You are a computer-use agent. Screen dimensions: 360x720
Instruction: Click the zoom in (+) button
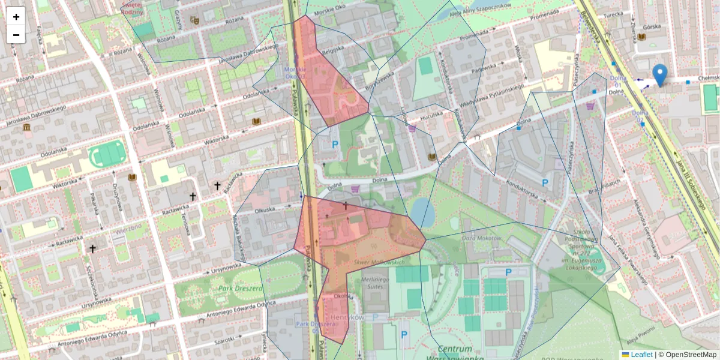click(x=16, y=17)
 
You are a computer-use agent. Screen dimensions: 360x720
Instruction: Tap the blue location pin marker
click(x=659, y=75)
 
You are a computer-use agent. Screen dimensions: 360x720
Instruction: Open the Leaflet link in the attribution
click(x=641, y=355)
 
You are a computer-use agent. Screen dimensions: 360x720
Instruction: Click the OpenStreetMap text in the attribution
click(x=691, y=355)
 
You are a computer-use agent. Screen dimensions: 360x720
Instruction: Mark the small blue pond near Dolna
click(x=422, y=212)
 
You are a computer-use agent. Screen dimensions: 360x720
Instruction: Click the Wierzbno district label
click(x=129, y=228)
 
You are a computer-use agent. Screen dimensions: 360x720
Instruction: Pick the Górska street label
click(x=651, y=26)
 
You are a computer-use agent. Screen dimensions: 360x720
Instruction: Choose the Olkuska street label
click(x=265, y=210)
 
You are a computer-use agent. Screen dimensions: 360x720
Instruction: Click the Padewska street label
click(x=484, y=68)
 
